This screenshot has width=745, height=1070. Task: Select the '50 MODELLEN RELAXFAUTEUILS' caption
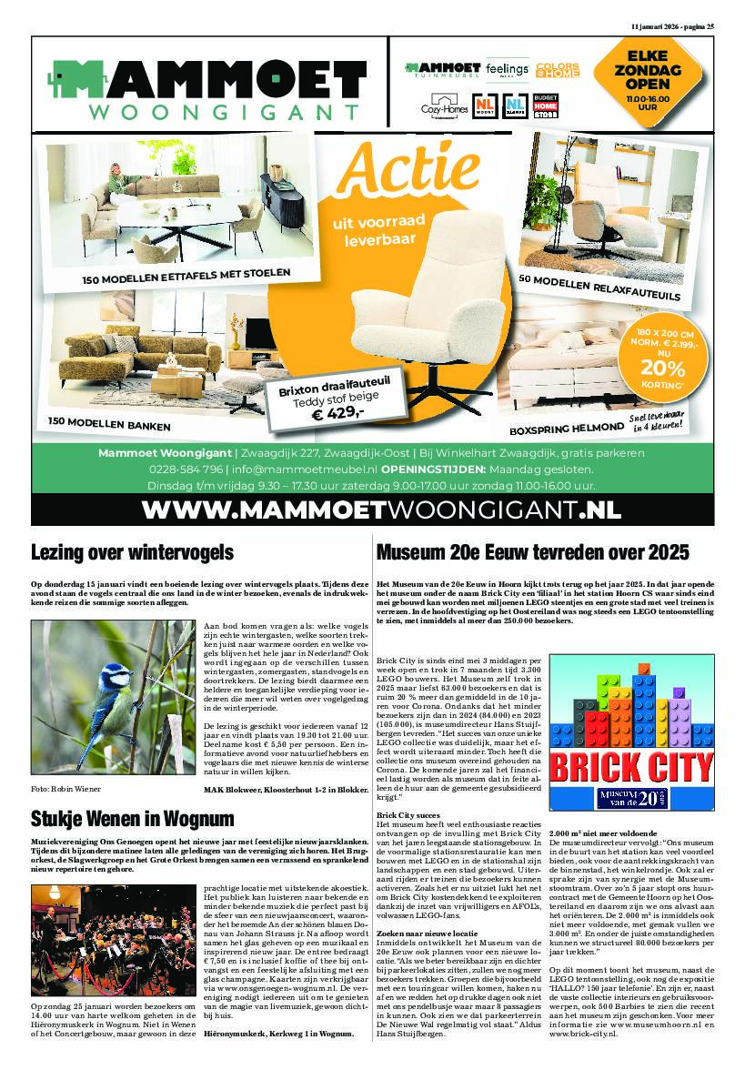click(599, 286)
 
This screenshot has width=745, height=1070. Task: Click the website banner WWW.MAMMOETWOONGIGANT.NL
click(372, 507)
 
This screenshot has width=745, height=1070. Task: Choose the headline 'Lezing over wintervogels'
click(133, 552)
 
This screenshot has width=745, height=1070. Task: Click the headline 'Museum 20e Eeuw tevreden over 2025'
click(532, 552)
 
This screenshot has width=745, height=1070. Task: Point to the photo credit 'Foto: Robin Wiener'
click(66, 788)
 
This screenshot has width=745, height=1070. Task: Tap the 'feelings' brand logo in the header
click(507, 70)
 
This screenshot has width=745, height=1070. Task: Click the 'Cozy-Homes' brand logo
click(438, 107)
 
